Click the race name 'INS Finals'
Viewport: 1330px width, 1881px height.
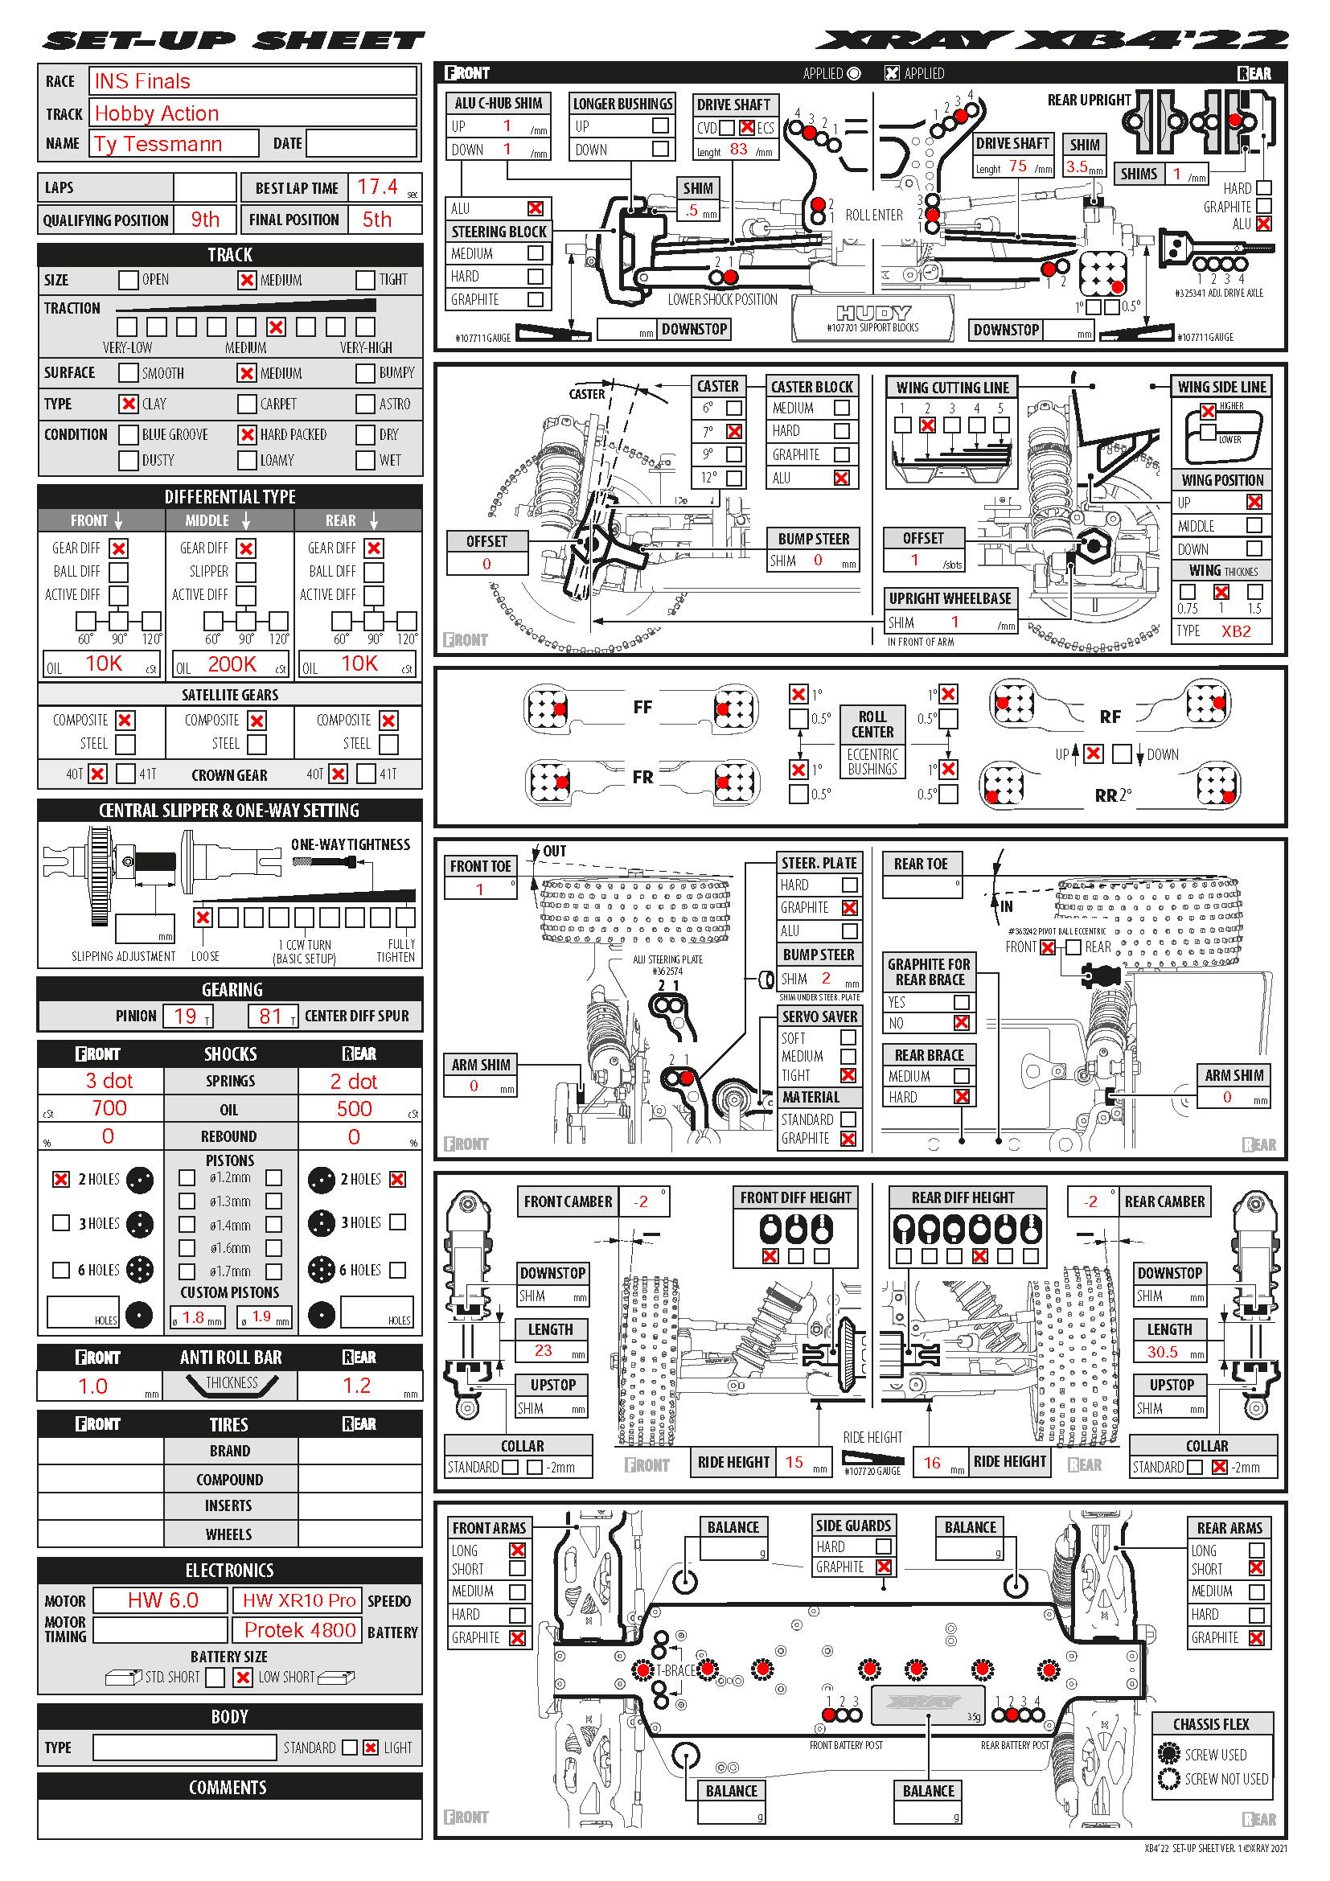click(142, 82)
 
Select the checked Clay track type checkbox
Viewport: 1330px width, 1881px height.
click(129, 404)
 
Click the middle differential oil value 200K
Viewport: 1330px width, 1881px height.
click(232, 663)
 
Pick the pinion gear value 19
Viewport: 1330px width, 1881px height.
click(185, 1016)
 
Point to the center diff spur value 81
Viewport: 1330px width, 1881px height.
click(270, 1016)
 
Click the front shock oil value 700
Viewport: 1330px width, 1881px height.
click(109, 1108)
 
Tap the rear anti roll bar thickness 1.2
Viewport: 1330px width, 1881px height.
click(356, 1386)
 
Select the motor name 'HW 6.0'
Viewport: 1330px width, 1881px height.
click(163, 1600)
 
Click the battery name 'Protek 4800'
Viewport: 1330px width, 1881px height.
click(300, 1630)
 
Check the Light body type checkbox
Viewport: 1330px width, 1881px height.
click(371, 1748)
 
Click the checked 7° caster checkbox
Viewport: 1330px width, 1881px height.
click(735, 432)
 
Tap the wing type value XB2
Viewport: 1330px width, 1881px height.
click(1236, 631)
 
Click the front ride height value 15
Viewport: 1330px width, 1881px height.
click(794, 1462)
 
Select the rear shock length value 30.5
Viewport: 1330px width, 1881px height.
click(1162, 1353)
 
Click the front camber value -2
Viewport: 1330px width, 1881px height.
click(640, 1201)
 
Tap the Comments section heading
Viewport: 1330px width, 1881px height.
click(228, 1788)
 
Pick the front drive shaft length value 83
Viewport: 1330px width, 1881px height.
click(738, 149)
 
